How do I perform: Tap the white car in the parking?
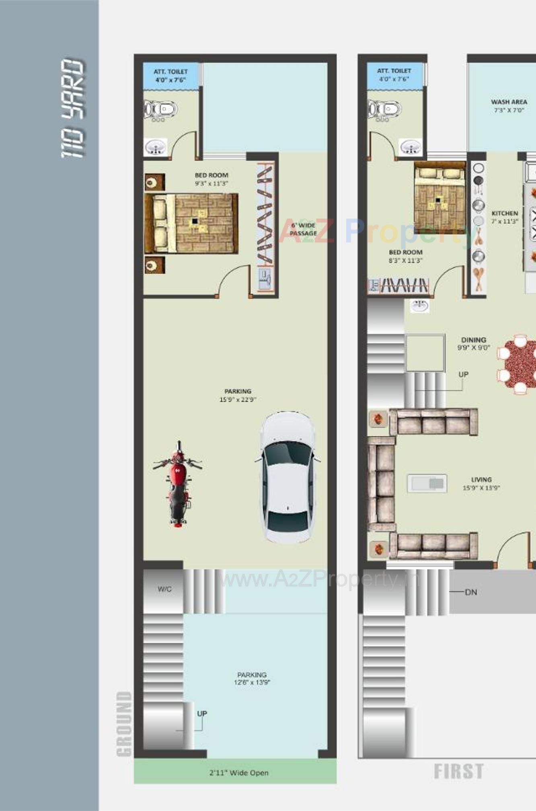[288, 477]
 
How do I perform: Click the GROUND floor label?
[124, 723]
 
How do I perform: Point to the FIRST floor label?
[458, 771]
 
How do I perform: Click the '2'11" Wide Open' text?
[239, 772]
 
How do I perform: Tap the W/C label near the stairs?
[164, 589]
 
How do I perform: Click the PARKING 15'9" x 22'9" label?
[238, 395]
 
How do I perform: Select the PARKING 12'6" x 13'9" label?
[252, 678]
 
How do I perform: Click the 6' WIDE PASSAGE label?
[303, 229]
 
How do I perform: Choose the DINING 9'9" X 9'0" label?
[473, 344]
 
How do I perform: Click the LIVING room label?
[481, 483]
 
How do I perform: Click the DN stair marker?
[471, 592]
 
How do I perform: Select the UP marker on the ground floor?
[202, 713]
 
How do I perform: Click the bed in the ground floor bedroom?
[191, 223]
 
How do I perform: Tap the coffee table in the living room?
[427, 483]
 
